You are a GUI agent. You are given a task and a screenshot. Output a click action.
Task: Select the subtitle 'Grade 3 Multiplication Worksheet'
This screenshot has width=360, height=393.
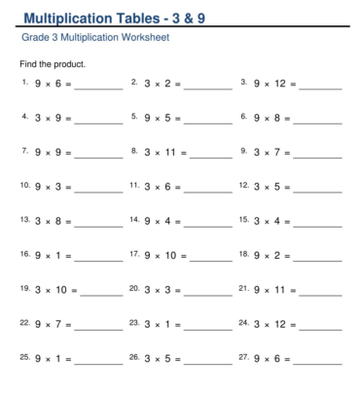[x=94, y=39]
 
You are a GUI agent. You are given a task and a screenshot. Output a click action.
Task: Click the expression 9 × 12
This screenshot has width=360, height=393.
[x=273, y=84]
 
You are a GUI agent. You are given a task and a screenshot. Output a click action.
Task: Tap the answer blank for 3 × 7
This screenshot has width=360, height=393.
[x=317, y=155]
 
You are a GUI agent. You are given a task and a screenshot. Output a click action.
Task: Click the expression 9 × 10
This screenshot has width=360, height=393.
[x=166, y=255]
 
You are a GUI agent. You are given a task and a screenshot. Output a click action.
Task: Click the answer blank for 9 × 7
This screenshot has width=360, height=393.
[x=99, y=325]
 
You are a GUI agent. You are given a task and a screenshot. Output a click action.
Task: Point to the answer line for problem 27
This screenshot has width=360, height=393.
[x=321, y=359]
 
